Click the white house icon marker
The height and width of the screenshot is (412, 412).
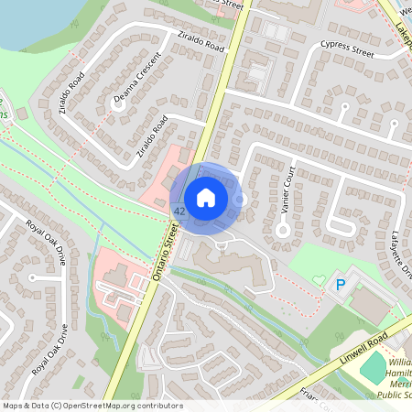[206, 197]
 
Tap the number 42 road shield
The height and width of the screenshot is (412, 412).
[179, 211]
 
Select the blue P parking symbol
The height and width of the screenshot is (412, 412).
[340, 287]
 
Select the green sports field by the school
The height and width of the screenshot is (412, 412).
[374, 368]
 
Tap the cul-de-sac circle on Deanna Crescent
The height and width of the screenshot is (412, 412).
[117, 104]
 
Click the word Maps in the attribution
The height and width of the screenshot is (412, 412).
[14, 405]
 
